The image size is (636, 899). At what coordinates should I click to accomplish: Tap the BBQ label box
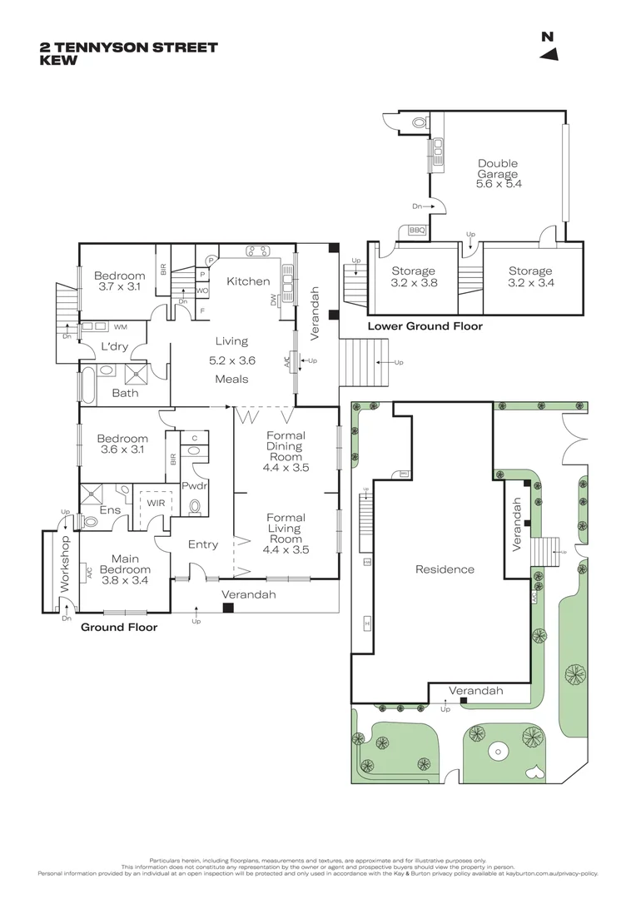416,231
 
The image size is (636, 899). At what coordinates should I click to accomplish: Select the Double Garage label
498,174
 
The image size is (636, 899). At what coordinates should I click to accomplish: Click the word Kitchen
247,281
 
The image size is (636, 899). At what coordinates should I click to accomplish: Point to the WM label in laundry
120,327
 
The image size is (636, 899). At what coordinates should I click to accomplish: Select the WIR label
156,503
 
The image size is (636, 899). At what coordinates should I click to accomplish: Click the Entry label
203,544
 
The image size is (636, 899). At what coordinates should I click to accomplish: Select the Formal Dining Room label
286,451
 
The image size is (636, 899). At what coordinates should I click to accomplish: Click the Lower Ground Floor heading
425,327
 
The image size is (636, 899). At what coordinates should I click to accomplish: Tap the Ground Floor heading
118,627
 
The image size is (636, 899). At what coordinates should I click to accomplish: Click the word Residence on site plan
445,569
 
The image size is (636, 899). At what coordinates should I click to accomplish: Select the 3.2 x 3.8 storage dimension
414,283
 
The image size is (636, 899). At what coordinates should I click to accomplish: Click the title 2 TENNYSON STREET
128,47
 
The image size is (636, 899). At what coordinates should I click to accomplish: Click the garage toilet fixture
420,122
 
